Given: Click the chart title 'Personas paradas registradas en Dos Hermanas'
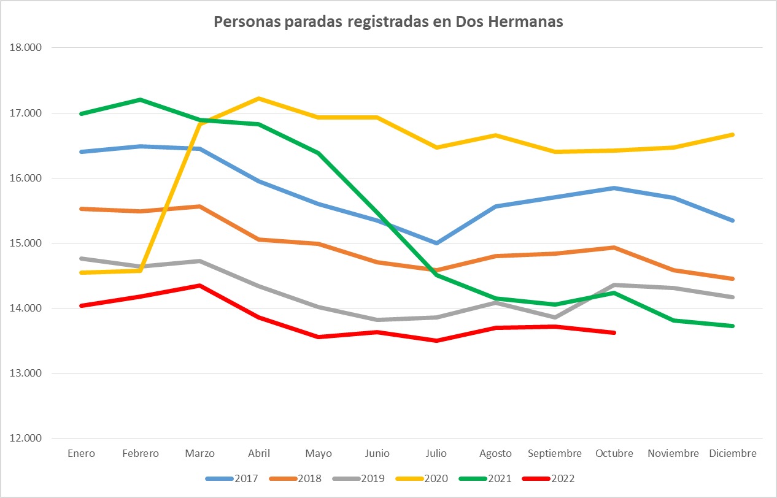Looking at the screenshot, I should tap(388, 22).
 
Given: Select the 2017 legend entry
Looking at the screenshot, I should tap(245, 478).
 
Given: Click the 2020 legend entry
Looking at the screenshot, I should tap(436, 478).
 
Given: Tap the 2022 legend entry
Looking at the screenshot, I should tap(563, 478).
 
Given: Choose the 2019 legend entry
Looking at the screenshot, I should tap(373, 478).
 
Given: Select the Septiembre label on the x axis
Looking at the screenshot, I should tap(555, 454).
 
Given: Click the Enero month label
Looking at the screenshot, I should tap(82, 454).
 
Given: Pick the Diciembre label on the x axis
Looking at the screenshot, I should tap(733, 454).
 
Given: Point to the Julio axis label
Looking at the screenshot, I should tap(436, 454).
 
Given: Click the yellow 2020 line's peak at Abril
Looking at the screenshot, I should tap(259, 98).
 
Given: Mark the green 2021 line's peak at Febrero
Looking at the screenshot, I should tap(141, 99).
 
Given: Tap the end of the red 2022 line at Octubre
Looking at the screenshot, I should tap(614, 332).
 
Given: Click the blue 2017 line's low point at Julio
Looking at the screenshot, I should tap(436, 243).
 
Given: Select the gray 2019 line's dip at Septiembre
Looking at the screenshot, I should tap(555, 317).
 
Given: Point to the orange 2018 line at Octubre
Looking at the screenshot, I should tap(614, 247).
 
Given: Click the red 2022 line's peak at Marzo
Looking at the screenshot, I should tap(200, 285).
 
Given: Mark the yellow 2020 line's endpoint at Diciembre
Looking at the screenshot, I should tap(733, 134).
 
